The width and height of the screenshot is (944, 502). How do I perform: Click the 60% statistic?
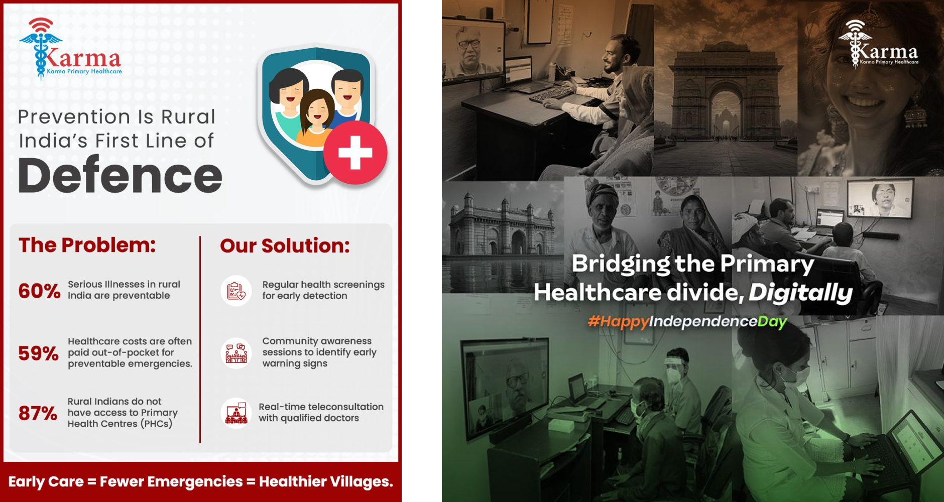(x=39, y=291)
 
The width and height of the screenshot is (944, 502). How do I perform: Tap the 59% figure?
(x=39, y=353)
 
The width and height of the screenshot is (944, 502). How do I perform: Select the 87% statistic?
(x=38, y=413)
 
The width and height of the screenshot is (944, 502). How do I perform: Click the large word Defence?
(x=120, y=175)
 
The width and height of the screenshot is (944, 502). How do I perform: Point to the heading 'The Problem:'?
(x=87, y=245)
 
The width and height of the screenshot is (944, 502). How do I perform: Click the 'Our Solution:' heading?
(x=285, y=245)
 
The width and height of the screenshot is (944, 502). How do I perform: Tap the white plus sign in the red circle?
(x=355, y=152)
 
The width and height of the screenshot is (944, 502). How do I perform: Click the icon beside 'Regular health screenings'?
(x=236, y=291)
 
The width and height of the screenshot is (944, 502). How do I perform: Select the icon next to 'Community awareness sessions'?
(x=236, y=353)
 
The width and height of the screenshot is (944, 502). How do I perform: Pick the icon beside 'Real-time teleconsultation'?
(x=236, y=413)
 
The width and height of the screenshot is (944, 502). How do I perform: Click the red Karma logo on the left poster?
(x=70, y=48)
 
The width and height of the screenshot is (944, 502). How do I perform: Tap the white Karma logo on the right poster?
(x=878, y=44)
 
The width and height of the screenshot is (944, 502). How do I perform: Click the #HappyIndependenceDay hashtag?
(x=687, y=321)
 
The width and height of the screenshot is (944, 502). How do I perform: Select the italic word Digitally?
(x=800, y=293)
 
